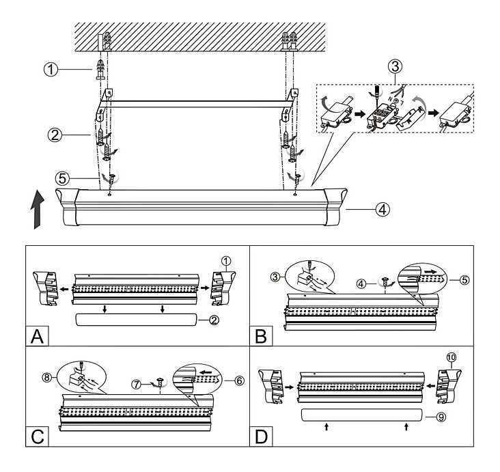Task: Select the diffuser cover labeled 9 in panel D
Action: (358, 416)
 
